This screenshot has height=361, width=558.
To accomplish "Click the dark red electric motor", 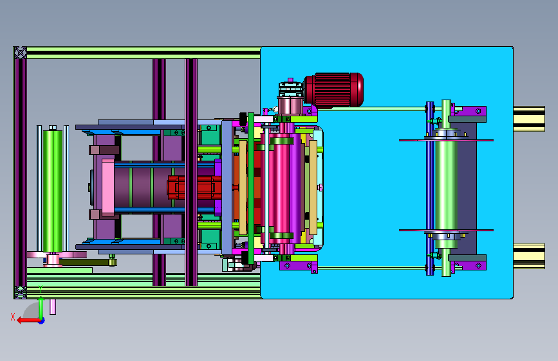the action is (x=334, y=90).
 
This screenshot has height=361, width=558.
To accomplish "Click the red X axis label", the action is (x=13, y=317).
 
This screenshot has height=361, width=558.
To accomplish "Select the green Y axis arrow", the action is (x=41, y=306).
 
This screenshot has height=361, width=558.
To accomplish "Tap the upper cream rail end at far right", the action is (x=529, y=119).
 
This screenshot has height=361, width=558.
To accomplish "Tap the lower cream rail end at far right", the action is (x=529, y=256).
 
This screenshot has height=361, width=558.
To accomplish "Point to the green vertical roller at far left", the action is (x=53, y=191).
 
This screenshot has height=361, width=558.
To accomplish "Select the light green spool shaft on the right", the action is (x=445, y=188).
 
